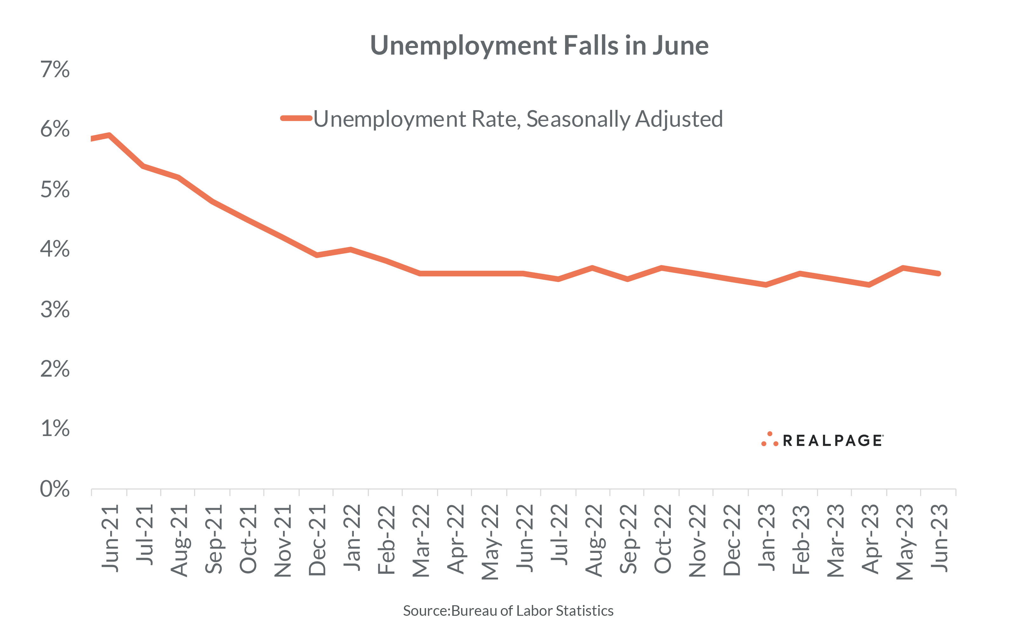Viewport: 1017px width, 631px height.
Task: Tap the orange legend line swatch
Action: pos(296,118)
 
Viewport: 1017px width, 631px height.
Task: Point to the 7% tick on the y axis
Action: pos(55,69)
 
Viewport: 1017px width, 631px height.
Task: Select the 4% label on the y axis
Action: pos(55,249)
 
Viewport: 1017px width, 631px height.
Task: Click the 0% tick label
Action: pos(55,489)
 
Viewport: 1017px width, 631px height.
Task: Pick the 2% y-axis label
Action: pos(55,369)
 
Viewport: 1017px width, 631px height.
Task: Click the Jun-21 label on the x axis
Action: pos(110,538)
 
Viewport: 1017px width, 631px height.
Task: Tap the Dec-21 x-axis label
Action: pos(317,540)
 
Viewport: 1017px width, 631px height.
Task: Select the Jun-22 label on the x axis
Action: pos(525,538)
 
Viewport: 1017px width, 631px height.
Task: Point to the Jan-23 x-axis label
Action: pos(767,538)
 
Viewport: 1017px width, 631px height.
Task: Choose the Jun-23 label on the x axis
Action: pos(939,538)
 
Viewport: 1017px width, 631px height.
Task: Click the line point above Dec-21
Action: pos(317,255)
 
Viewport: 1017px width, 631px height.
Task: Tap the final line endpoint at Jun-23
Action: pos(939,273)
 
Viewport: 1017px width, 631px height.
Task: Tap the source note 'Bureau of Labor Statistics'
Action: pos(532,611)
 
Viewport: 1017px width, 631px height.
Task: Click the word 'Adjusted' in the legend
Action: pos(679,119)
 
